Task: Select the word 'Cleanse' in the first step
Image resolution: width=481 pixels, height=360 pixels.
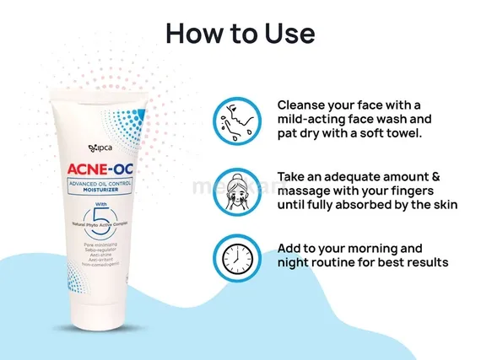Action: (304, 105)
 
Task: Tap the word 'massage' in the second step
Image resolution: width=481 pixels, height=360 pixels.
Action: (308, 191)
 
